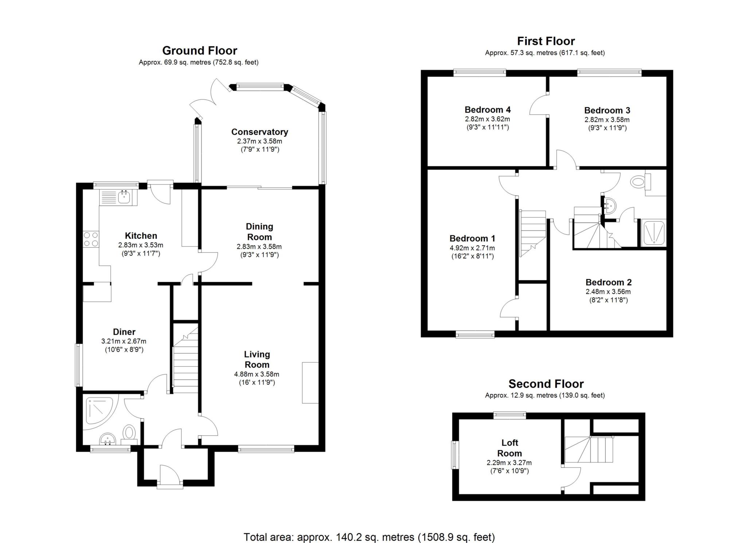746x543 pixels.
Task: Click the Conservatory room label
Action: coord(259,132)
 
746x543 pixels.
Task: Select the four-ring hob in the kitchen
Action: coord(91,239)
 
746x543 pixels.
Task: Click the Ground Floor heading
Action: coord(200,50)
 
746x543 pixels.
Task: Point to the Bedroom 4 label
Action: coord(487,109)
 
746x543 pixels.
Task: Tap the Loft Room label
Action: coord(509,448)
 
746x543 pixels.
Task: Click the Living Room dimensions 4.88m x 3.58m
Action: coord(256,374)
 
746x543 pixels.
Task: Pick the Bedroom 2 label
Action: coord(608,282)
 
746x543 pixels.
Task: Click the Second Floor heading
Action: coord(546,384)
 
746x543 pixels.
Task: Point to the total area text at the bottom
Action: coord(369,537)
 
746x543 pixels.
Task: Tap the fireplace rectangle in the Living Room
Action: coord(310,383)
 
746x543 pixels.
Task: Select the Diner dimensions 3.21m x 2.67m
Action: coord(124,341)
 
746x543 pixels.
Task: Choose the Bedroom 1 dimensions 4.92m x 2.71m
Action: coord(472,248)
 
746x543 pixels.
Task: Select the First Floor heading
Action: coord(546,41)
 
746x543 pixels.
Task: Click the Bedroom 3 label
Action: coord(607,110)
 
